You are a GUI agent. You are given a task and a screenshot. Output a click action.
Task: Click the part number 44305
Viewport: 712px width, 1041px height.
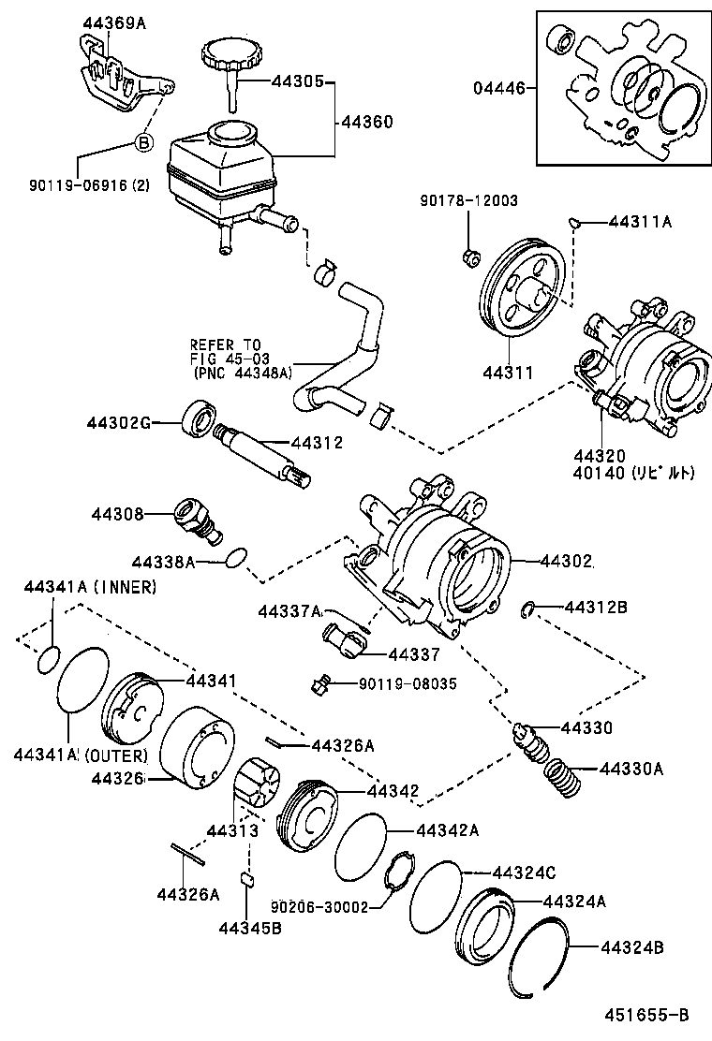pyautogui.click(x=297, y=81)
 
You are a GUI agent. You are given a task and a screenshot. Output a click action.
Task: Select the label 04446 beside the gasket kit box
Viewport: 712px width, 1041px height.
pyautogui.click(x=497, y=89)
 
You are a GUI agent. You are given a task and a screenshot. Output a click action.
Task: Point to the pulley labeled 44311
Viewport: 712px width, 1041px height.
pyautogui.click(x=519, y=291)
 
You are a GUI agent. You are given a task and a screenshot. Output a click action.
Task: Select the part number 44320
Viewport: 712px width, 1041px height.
pyautogui.click(x=600, y=456)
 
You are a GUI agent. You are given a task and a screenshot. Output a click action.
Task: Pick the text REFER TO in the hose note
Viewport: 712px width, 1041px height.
pyautogui.click(x=226, y=344)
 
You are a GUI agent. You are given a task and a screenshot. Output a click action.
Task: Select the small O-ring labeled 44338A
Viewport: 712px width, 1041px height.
pyautogui.click(x=238, y=561)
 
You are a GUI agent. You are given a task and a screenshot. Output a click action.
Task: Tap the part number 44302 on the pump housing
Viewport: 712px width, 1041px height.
pyautogui.click(x=566, y=561)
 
